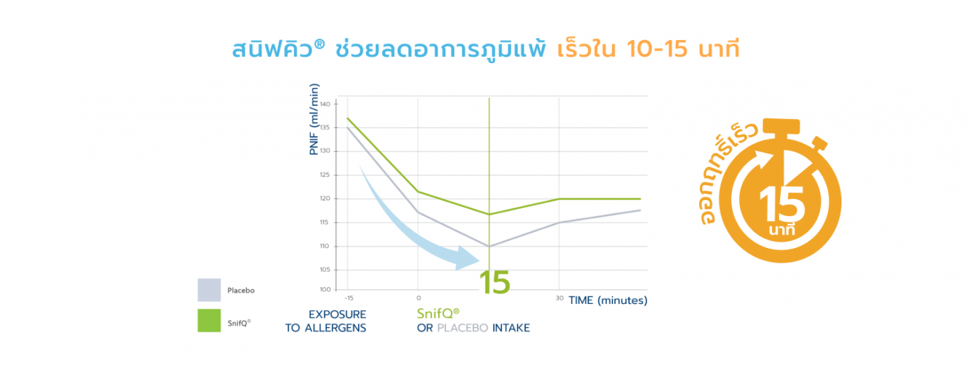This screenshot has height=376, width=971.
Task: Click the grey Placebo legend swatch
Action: coord(209,290)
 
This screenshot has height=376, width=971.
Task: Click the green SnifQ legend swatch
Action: coord(209,321)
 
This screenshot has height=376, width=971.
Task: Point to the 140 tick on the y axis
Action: coord(325,105)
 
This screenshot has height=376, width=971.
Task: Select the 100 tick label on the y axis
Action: coord(325,289)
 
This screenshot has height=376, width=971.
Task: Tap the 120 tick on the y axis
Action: coord(325,199)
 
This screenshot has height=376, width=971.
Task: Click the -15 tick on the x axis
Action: coord(349,298)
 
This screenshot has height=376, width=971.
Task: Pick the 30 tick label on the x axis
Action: coord(559,298)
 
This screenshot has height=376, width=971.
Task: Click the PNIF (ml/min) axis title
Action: coord(313,119)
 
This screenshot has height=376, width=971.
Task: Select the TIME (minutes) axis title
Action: coord(608,301)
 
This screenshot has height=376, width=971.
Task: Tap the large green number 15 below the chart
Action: coord(495,283)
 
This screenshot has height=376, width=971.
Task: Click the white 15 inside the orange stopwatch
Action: coord(782,205)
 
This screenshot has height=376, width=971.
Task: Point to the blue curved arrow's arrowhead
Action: coord(468,258)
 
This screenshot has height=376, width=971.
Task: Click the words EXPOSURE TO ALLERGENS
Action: coord(325,321)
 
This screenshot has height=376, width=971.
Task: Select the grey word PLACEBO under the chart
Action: coord(463,328)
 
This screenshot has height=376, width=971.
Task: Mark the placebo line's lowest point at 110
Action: coord(490,247)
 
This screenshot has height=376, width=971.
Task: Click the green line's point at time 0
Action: coord(418,191)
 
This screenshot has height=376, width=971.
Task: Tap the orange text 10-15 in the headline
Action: coord(658,49)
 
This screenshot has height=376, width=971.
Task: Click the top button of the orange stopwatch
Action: coord(781,126)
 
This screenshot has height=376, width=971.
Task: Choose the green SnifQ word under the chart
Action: coord(438,313)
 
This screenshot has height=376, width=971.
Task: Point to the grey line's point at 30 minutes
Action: coord(559,223)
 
